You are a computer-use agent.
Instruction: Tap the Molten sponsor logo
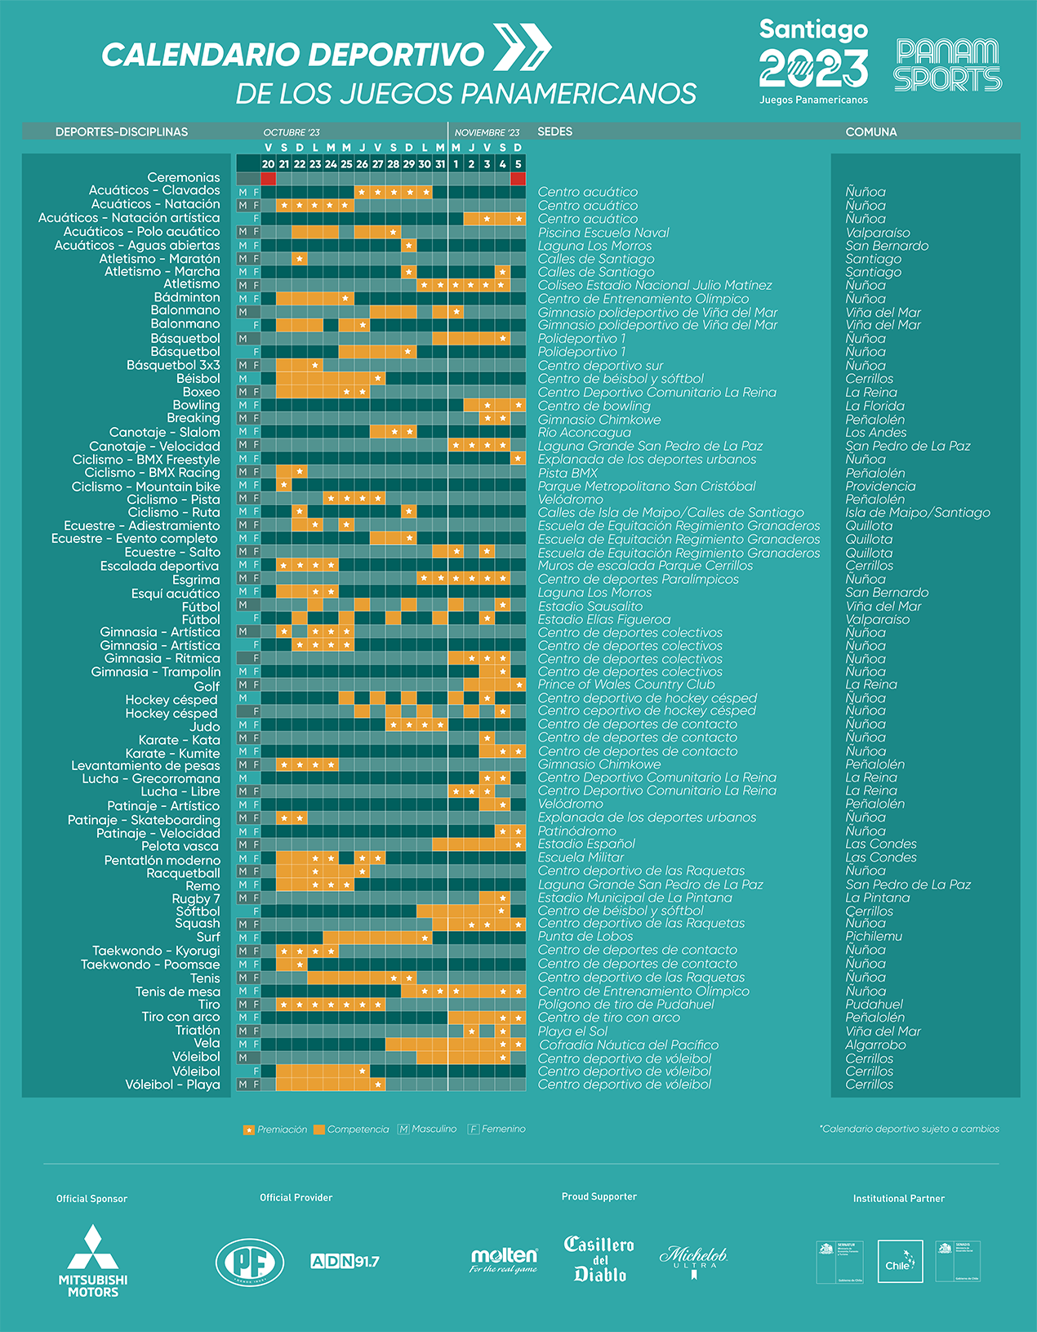pos(504,1259)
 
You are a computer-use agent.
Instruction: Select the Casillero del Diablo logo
pos(599,1258)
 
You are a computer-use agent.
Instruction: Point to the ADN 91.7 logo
pos(345,1261)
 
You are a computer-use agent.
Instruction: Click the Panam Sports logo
pos(948,65)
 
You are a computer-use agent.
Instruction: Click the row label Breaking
pos(194,418)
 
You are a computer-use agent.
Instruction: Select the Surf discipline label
pos(208,937)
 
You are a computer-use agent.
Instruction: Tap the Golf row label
pos(207,686)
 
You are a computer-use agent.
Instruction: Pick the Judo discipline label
pos(204,726)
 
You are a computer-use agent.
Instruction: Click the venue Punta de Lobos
pos(585,937)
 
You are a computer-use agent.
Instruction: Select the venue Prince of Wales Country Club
pos(626,684)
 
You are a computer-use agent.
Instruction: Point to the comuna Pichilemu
pos(874,937)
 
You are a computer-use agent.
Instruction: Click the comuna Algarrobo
pos(875,1045)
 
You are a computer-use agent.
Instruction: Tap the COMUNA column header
pos(871,131)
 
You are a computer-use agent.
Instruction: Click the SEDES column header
pos(555,131)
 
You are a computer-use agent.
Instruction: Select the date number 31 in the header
pos(440,164)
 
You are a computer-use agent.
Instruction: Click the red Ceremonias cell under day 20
pos(268,178)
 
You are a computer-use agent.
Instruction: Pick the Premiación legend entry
pos(275,1129)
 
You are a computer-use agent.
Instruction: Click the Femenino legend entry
pos(496,1129)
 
